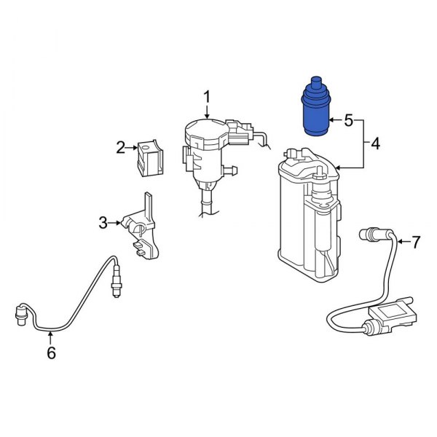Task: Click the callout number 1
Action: click(x=207, y=97)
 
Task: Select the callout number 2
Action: click(x=121, y=149)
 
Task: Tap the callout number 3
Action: click(x=103, y=221)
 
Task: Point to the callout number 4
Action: click(x=375, y=144)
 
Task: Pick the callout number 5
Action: click(x=348, y=119)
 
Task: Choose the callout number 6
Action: click(x=50, y=354)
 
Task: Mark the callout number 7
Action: click(x=416, y=243)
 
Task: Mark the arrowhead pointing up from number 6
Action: click(x=50, y=334)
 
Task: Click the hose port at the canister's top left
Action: click(x=291, y=153)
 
